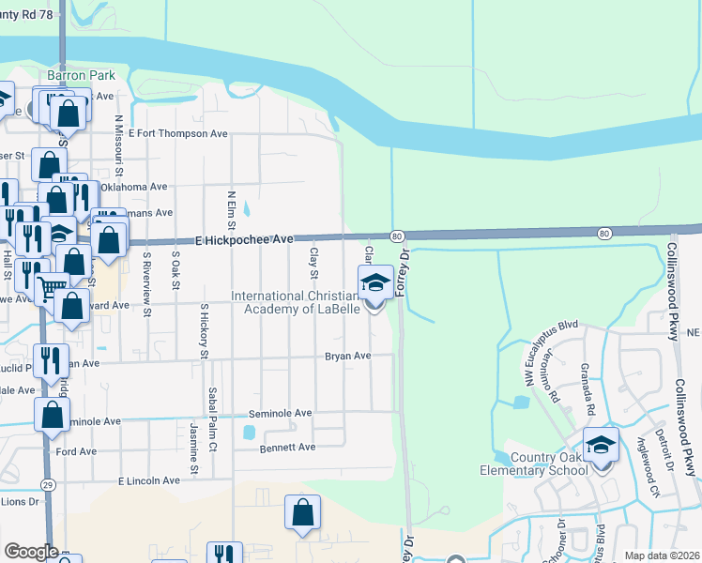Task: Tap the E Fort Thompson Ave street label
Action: pos(178,134)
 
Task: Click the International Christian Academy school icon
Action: pos(375,281)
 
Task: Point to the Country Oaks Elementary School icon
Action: pos(601,445)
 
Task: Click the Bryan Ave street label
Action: pos(348,357)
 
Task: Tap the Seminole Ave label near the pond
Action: pos(280,413)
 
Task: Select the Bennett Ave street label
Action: pos(288,448)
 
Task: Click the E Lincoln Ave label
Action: pos(148,480)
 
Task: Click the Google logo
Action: pos(31,552)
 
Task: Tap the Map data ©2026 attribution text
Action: pos(662,555)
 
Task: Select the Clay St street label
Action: pos(314,263)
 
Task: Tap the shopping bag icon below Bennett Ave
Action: pos(302,512)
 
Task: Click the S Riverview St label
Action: pos(146,271)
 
